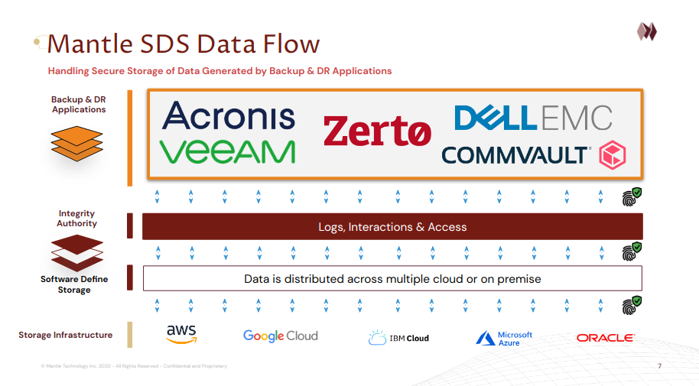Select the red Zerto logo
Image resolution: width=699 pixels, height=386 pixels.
click(376, 131)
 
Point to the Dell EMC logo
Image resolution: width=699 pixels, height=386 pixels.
click(533, 117)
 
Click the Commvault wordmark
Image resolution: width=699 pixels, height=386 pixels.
click(516, 154)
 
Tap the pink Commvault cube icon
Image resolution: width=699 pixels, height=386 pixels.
click(613, 154)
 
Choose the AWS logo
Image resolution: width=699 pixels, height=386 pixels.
click(181, 334)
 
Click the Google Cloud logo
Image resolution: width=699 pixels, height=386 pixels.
click(280, 336)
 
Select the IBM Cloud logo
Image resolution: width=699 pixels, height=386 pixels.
click(398, 337)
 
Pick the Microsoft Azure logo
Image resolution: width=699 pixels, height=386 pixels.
click(504, 338)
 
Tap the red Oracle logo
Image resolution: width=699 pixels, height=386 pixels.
click(605, 337)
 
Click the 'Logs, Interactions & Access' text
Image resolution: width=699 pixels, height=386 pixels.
click(392, 227)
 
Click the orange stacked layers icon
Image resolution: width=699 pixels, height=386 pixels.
click(76, 143)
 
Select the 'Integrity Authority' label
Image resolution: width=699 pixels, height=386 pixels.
click(77, 219)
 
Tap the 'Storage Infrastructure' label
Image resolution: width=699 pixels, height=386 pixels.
click(66, 335)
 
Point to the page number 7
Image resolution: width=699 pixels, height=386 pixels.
click(659, 367)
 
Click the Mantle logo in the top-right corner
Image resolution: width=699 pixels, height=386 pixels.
click(647, 31)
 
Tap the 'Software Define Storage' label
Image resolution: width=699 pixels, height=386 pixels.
click(74, 284)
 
